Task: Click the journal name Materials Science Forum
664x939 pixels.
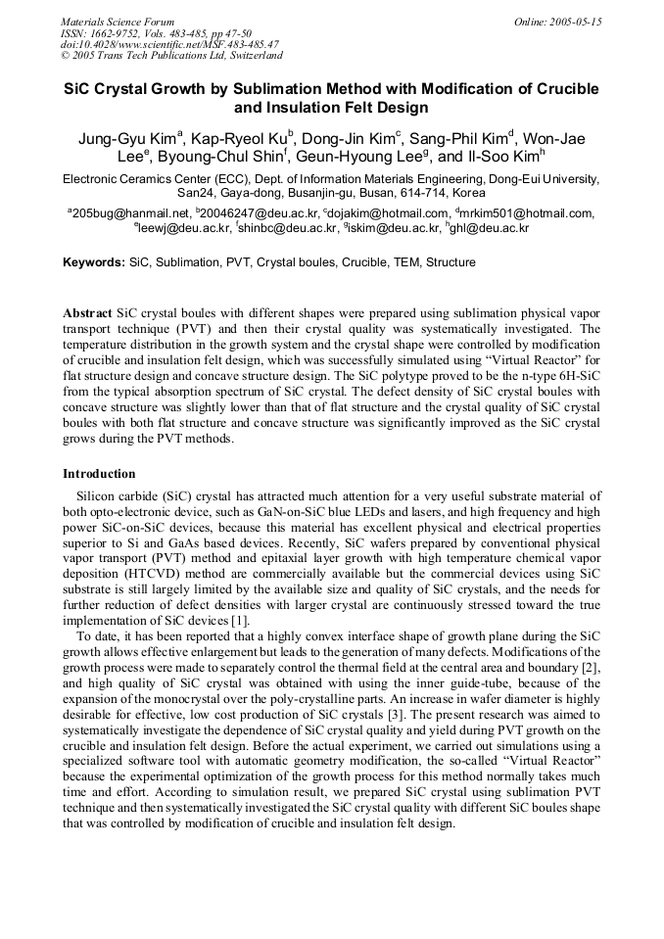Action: [x=118, y=22]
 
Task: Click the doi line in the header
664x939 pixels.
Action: [x=169, y=45]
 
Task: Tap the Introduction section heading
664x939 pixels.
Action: [x=99, y=474]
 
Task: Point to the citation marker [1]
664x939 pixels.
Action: [x=240, y=621]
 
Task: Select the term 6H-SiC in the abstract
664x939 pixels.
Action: [x=578, y=375]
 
